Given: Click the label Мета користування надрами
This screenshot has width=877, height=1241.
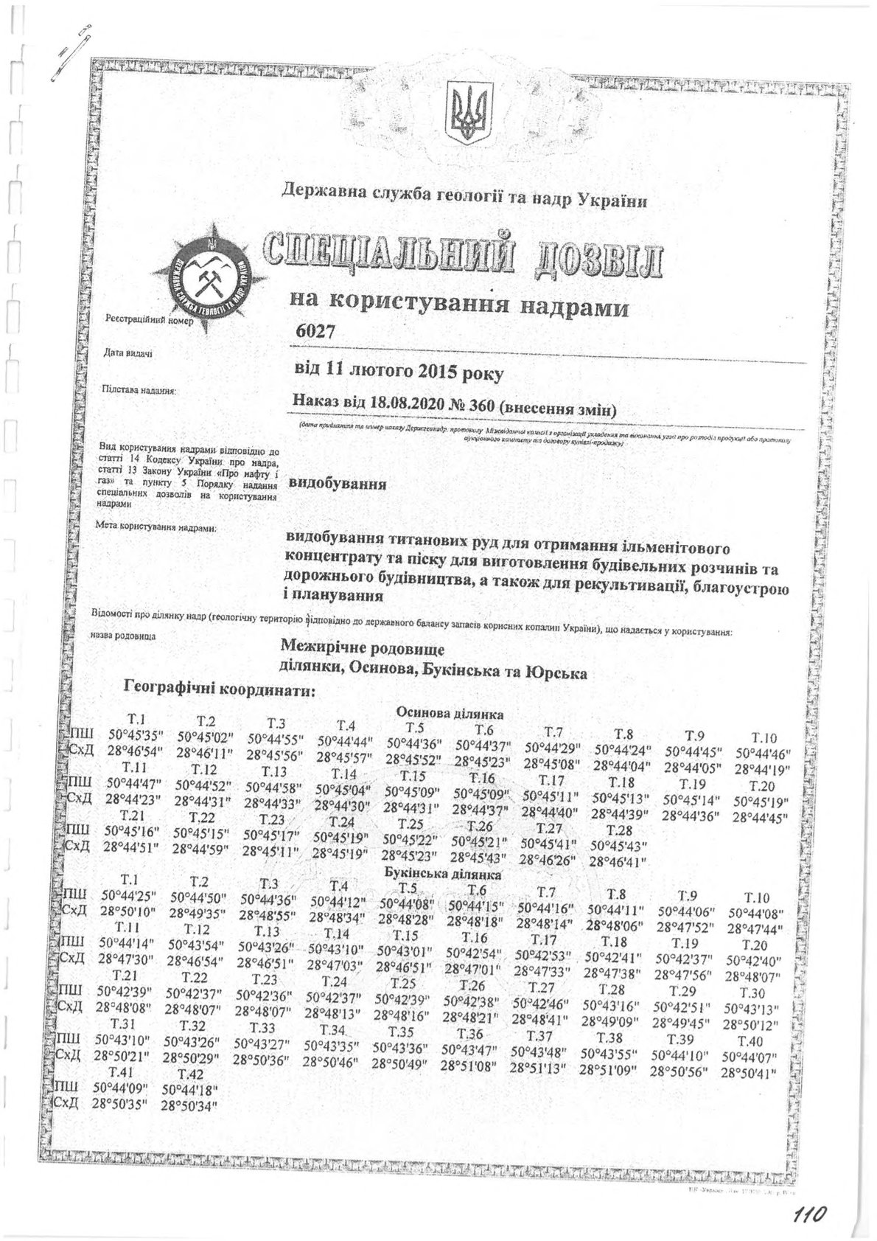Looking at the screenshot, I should (x=156, y=528).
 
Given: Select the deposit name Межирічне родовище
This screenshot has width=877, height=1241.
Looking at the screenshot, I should (x=362, y=647).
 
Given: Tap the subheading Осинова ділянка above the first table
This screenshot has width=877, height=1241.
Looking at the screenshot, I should (x=450, y=713).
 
